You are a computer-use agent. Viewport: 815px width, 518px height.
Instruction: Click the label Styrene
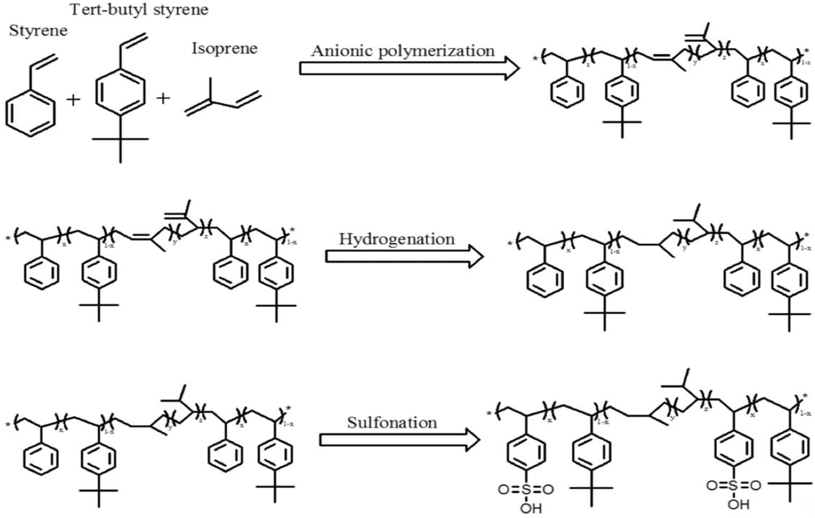click(x=38, y=31)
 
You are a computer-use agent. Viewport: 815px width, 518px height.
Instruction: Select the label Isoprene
click(x=224, y=48)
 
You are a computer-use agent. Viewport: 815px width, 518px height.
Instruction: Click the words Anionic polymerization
click(x=403, y=51)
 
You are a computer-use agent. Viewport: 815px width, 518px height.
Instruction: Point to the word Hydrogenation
click(x=397, y=239)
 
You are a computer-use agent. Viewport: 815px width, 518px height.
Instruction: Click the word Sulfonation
click(x=392, y=423)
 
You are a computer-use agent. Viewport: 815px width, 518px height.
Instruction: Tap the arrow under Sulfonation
click(x=399, y=440)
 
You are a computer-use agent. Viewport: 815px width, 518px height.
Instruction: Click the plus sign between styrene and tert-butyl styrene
click(x=73, y=100)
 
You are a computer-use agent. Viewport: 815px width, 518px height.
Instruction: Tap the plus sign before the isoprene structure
click(x=163, y=98)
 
